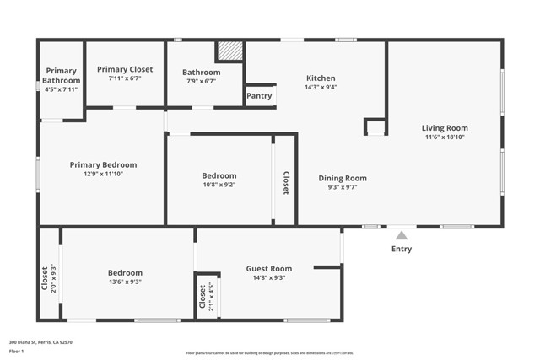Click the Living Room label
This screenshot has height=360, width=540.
click(444, 128)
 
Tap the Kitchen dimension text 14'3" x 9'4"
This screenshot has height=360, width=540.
click(320, 88)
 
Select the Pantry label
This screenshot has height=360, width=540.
click(259, 96)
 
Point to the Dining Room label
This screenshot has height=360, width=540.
click(342, 178)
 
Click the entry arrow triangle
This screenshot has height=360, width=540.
click(402, 235)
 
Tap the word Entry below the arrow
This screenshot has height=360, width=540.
click(402, 249)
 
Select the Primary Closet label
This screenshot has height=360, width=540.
click(124, 69)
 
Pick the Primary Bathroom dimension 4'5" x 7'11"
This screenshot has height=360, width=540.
click(61, 89)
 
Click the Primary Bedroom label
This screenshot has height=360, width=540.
click(103, 164)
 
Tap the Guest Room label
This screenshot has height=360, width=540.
click(268, 268)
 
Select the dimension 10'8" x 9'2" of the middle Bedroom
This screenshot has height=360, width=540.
click(219, 185)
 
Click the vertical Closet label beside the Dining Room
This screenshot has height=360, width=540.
click(285, 183)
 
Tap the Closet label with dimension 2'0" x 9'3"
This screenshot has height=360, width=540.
click(45, 278)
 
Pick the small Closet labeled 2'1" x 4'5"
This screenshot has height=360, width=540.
click(202, 297)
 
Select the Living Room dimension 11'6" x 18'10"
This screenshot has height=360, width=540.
click(444, 137)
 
